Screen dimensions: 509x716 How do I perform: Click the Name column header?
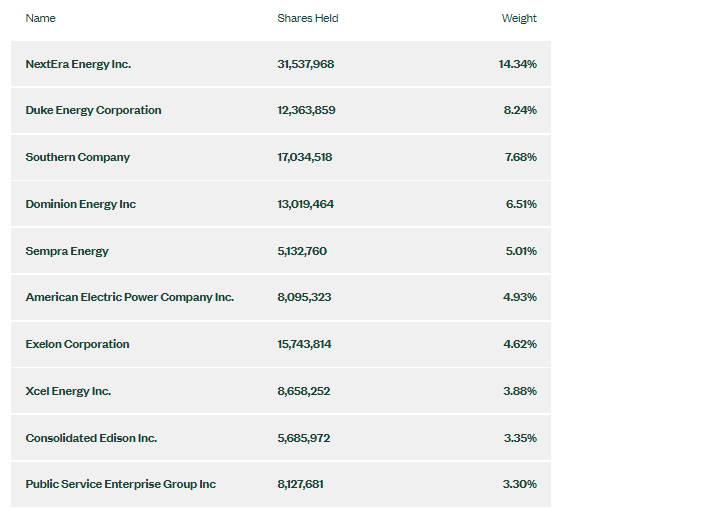point(41,18)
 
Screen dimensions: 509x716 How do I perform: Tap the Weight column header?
point(519,18)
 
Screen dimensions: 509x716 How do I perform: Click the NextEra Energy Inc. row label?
point(78,64)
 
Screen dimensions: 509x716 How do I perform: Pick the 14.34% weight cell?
point(518,64)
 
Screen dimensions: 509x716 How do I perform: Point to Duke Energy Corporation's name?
point(93,110)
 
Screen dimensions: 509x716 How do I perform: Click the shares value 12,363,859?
point(306,110)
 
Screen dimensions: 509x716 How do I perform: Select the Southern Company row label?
point(78,157)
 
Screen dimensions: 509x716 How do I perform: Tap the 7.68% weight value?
point(520,157)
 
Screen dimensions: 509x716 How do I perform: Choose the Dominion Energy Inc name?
point(81,204)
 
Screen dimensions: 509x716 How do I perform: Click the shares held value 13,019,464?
point(306,204)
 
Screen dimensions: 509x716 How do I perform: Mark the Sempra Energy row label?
point(67,251)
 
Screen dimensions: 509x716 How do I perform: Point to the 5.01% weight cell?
point(521,251)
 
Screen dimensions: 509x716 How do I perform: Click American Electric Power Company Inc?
point(130,297)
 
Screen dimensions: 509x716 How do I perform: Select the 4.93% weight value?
point(520,297)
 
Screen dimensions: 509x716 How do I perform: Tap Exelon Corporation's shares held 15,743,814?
point(305,344)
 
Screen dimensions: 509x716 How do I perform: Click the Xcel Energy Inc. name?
point(68,391)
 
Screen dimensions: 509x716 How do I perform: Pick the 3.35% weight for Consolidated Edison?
point(520,438)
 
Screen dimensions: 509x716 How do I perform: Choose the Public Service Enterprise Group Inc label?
point(121,484)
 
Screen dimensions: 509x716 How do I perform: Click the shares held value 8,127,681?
point(301,484)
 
